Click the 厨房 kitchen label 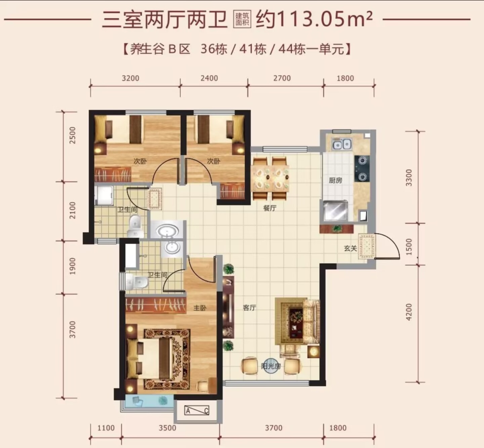(x=335, y=181)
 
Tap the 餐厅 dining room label (x=270, y=208)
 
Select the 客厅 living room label (x=249, y=307)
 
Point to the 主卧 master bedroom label (x=200, y=308)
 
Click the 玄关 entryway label (x=351, y=249)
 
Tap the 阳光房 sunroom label (x=271, y=366)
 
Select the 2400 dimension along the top (x=209, y=78)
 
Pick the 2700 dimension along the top (x=282, y=78)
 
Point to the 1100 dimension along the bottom (x=106, y=428)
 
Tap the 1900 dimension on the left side (x=73, y=266)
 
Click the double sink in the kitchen (x=342, y=144)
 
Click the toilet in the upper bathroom (x=135, y=225)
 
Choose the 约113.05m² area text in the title (x=314, y=20)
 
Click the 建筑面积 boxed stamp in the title (x=242, y=20)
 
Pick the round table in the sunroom (x=271, y=366)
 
